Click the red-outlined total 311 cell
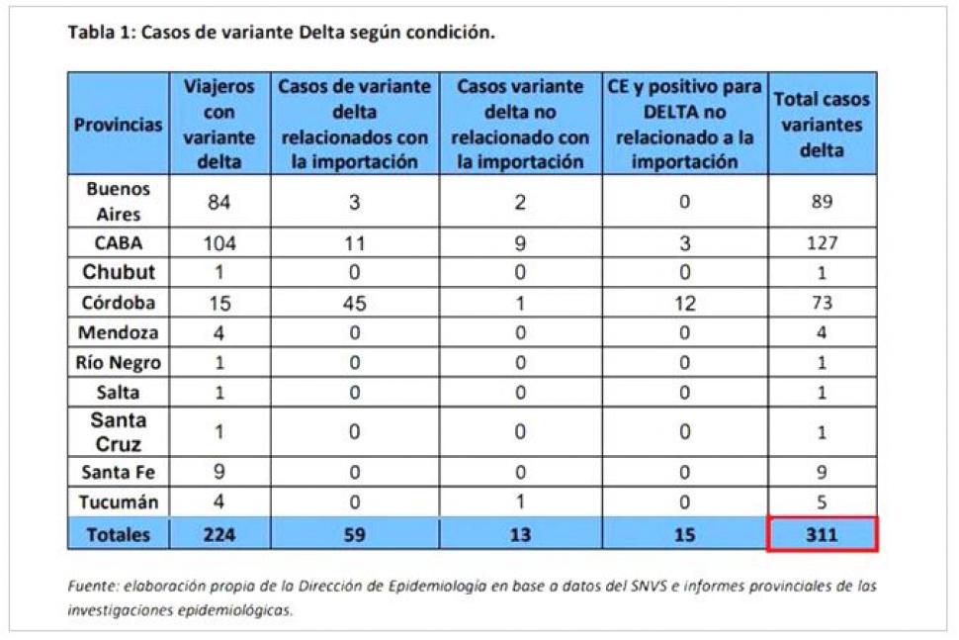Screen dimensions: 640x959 (822, 534)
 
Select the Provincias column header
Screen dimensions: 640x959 (119, 126)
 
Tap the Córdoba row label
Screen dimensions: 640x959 (119, 304)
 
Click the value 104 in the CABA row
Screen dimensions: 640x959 (218, 243)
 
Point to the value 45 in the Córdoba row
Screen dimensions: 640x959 (354, 304)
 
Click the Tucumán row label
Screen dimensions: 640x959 (119, 503)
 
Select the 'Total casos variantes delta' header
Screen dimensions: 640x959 (822, 126)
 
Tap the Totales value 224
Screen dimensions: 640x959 (218, 534)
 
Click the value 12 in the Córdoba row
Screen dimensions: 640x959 (684, 304)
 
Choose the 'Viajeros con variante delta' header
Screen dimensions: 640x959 (218, 125)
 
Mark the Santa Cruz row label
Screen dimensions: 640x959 (119, 432)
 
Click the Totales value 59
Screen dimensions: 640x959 (354, 534)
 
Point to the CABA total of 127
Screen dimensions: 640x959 (822, 243)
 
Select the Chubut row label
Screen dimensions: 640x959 (119, 273)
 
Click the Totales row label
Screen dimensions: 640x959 (119, 534)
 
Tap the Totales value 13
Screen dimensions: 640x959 (520, 534)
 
